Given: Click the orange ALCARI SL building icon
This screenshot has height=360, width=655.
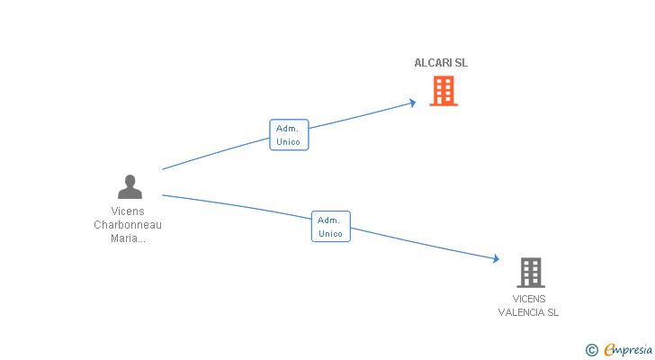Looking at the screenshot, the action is pyautogui.click(x=444, y=91).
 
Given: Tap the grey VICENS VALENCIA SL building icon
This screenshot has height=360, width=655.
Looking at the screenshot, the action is pyautogui.click(x=531, y=273).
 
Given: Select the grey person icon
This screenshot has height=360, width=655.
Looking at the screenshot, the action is pyautogui.click(x=130, y=186).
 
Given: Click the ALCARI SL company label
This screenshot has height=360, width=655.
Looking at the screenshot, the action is pyautogui.click(x=441, y=63).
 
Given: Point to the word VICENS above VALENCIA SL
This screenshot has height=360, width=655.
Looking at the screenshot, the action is pyautogui.click(x=529, y=299).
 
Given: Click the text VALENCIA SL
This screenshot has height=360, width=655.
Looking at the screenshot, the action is pyautogui.click(x=528, y=312).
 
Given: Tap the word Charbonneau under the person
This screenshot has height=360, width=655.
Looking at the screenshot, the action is pyautogui.click(x=128, y=225).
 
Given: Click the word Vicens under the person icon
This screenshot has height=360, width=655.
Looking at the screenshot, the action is pyautogui.click(x=128, y=211).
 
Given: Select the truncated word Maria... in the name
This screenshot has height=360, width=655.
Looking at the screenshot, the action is pyautogui.click(x=128, y=238).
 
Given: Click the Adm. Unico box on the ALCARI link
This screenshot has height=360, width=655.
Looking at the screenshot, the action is pyautogui.click(x=289, y=135).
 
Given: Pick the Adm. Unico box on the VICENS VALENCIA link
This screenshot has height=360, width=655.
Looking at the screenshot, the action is pyautogui.click(x=331, y=227).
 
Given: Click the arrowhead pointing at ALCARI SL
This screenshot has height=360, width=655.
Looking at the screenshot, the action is pyautogui.click(x=413, y=103).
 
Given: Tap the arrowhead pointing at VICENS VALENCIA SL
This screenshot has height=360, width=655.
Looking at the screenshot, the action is pyautogui.click(x=496, y=259).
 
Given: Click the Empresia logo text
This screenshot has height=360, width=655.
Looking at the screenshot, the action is pyautogui.click(x=628, y=350).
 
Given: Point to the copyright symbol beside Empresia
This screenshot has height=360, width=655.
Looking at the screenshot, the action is pyautogui.click(x=591, y=350).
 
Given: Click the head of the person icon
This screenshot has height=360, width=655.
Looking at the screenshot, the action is pyautogui.click(x=130, y=180).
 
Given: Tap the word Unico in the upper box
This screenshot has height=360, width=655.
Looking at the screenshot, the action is pyautogui.click(x=288, y=142).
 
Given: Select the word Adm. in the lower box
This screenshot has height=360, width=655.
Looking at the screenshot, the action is pyautogui.click(x=328, y=220).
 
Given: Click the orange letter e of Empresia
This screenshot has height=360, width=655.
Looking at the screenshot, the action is pyautogui.click(x=610, y=350).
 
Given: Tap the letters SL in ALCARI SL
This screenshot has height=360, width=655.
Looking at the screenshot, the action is pyautogui.click(x=462, y=63).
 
